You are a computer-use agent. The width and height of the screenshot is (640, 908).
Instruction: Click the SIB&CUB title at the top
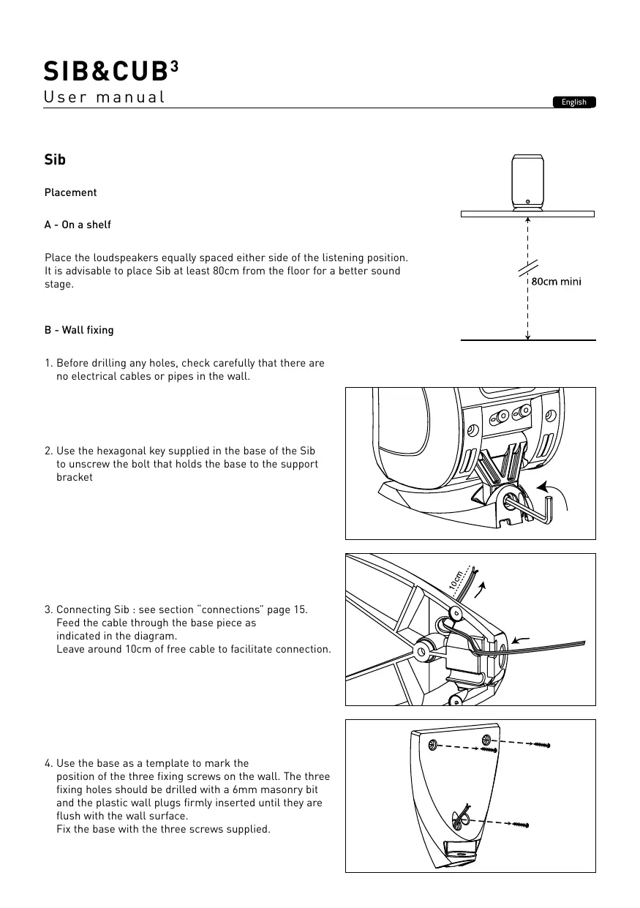106,71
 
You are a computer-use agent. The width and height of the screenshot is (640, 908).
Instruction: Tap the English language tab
574,102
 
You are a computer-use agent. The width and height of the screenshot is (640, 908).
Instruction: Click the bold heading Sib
55,160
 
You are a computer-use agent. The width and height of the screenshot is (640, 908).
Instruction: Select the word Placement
70,192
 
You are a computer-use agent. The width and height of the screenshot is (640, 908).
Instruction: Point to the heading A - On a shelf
78,225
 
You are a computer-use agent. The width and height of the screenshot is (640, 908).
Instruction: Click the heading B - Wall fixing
79,330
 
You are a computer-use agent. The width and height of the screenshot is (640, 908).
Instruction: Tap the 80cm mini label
556,282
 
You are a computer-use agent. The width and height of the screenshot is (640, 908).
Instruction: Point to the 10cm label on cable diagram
457,582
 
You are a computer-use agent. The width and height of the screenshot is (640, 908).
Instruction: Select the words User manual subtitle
104,97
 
